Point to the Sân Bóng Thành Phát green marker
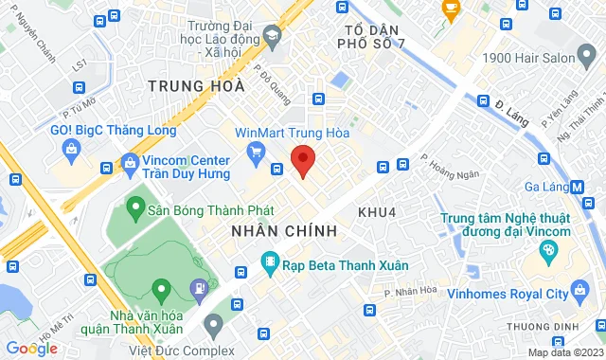pyautogui.click(x=136, y=205)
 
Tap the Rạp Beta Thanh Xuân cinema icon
pyautogui.click(x=271, y=261)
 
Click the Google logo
pyautogui.click(x=30, y=348)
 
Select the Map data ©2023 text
pyautogui.click(x=564, y=352)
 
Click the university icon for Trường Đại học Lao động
pyautogui.click(x=273, y=36)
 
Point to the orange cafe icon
pyautogui.click(x=451, y=9)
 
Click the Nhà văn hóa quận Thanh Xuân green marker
pyautogui.click(x=160, y=288)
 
